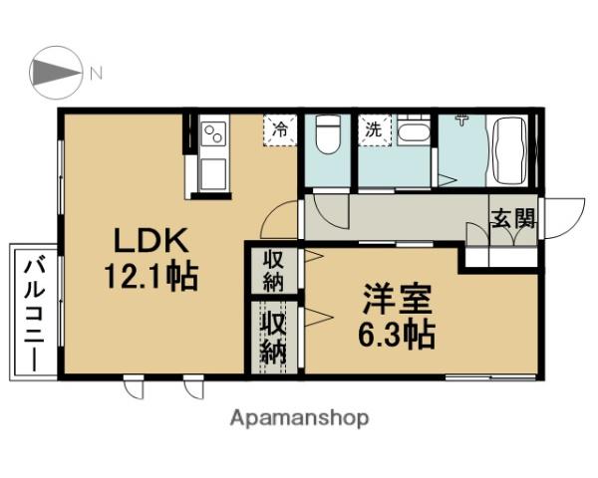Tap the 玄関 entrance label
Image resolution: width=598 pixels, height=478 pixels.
click(x=512, y=219)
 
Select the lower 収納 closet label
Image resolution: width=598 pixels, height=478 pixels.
click(x=275, y=338)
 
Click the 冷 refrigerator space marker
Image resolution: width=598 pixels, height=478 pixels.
click(x=280, y=129)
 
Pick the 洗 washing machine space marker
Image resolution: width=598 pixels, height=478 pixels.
click(x=373, y=129)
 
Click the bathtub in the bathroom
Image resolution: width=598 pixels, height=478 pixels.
click(x=510, y=151)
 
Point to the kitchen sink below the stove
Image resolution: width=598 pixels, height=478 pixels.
click(x=212, y=175)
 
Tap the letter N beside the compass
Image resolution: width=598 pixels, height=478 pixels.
click(x=97, y=73)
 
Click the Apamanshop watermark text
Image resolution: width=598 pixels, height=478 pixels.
click(x=300, y=418)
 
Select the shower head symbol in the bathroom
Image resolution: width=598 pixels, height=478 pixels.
click(x=459, y=122)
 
